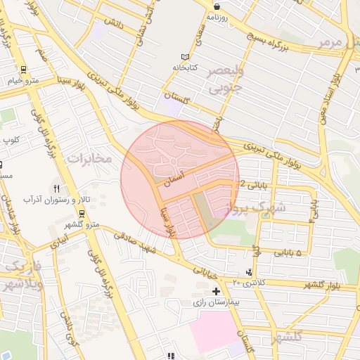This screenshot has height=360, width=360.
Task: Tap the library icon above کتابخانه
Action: click(185, 57)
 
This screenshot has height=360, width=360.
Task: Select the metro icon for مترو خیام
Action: click(24, 70)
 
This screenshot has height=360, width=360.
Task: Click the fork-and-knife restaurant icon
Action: click(56, 188)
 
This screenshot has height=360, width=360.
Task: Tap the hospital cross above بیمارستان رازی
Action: click(216, 290)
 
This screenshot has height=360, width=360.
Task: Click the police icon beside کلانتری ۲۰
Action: click(250, 272)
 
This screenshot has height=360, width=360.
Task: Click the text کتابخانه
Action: click(186, 67)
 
